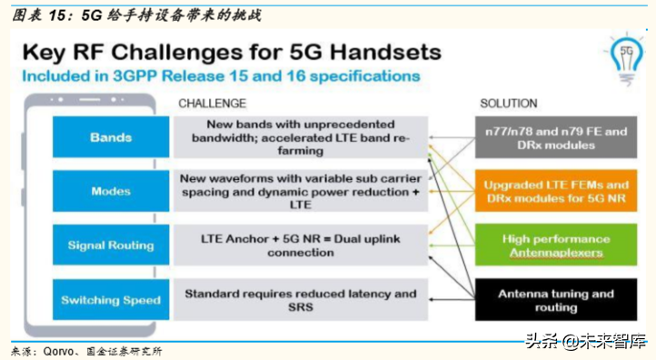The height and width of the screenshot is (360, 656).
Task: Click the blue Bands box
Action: point(110,138)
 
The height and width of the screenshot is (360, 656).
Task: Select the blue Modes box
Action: point(110,192)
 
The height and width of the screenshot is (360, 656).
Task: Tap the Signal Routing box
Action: point(110,245)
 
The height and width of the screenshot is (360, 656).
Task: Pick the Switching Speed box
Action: point(110,299)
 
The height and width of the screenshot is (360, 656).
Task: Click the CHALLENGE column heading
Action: point(212,103)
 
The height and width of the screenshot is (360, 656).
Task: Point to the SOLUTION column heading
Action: point(508,103)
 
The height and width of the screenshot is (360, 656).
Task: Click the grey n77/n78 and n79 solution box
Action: point(555,138)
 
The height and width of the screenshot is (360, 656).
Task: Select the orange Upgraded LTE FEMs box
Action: point(555,192)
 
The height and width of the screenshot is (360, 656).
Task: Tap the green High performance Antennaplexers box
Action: point(555,245)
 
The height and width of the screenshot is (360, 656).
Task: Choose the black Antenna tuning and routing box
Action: point(555,300)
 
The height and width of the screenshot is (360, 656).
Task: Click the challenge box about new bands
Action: point(299,138)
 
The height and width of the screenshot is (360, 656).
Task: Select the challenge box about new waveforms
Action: point(299,192)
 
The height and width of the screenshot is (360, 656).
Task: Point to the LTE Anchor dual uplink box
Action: point(299,245)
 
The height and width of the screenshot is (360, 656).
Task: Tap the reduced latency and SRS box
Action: point(299,300)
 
